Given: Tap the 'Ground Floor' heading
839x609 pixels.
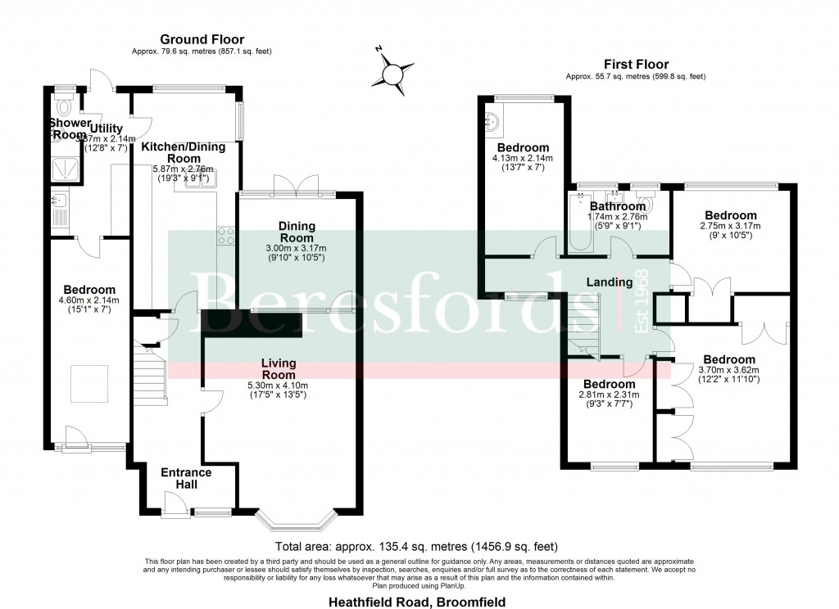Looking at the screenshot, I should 202,39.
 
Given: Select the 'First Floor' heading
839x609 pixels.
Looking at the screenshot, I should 635,64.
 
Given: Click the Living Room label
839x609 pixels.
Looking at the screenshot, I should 279,369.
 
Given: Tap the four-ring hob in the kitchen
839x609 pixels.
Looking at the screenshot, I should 226,237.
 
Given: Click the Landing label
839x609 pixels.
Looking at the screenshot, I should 609,282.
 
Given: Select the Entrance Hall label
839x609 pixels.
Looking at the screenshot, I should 186,479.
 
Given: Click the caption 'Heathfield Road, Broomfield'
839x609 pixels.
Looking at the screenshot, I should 418,602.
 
